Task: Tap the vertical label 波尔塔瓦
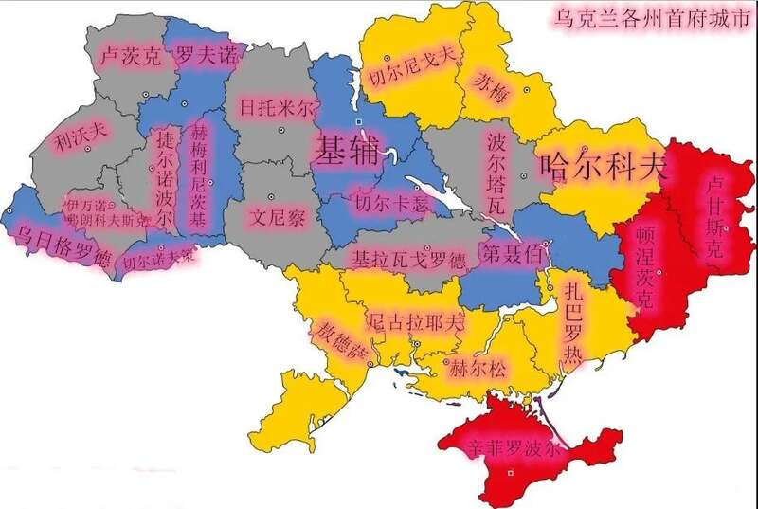pos(496,173)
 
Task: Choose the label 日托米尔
pos(275,107)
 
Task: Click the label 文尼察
pos(277,216)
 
